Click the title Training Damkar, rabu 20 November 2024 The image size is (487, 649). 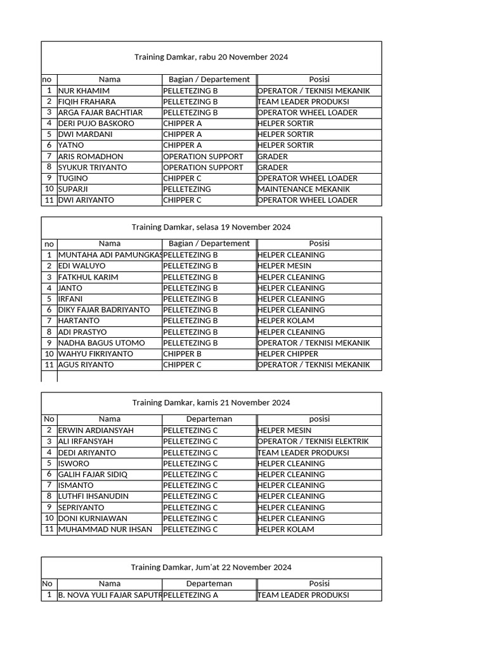(211, 57)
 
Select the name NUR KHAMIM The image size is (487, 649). (84, 91)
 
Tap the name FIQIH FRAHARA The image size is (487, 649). (87, 101)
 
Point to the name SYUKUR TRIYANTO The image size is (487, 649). (93, 167)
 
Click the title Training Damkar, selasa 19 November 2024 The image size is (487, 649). (211, 227)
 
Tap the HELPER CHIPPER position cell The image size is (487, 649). (288, 354)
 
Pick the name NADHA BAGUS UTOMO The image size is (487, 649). (101, 343)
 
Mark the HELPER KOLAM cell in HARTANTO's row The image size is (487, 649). (285, 321)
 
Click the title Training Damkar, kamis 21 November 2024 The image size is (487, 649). (211, 402)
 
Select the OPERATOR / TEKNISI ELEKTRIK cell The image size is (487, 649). (313, 441)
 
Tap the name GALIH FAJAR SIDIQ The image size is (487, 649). (93, 474)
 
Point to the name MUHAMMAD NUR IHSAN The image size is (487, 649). (105, 529)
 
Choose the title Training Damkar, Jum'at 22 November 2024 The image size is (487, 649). (211, 567)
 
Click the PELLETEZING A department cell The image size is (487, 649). (190, 595)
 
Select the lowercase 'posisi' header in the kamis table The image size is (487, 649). (319, 419)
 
